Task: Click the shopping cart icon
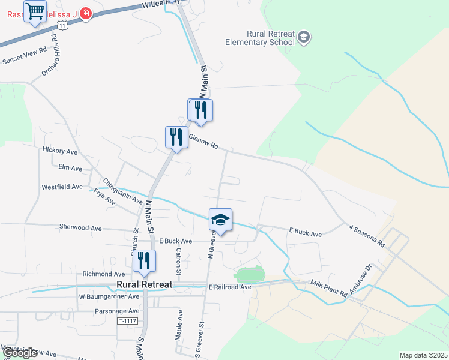(x=35, y=11)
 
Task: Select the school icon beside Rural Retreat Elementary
(x=304, y=38)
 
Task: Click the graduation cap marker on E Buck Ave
(x=220, y=220)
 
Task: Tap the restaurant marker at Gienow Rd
(x=176, y=137)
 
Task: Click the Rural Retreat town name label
(x=145, y=284)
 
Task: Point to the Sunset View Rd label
(x=25, y=56)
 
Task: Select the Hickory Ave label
(x=60, y=150)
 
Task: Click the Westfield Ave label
(x=62, y=187)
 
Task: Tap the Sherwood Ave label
(x=81, y=228)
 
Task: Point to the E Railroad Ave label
(x=230, y=287)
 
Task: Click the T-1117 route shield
(x=127, y=321)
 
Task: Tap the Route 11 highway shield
(x=62, y=25)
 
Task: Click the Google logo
(x=20, y=353)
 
